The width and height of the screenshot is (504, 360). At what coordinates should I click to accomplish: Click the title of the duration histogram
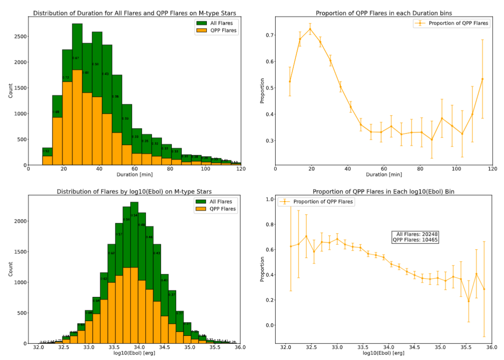(x=135, y=13)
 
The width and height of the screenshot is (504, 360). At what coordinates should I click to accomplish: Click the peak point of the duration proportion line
(x=310, y=29)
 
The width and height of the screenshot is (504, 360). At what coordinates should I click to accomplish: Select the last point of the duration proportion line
(x=482, y=79)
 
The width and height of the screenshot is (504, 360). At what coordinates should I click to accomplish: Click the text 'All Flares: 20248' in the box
(x=415, y=234)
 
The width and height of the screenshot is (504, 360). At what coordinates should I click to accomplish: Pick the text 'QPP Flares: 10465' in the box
(x=415, y=240)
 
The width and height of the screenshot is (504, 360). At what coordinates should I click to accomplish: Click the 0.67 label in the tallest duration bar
(x=76, y=58)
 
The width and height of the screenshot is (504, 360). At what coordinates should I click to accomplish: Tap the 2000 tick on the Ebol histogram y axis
(x=19, y=221)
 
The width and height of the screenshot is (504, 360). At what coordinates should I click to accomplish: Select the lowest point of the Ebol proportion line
(x=469, y=301)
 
